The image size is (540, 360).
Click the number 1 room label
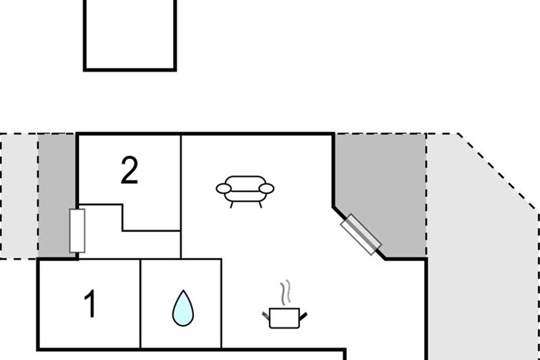pos(90,304)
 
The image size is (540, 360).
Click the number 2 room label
pos(129,171)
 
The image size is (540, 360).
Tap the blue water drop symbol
pos(183,308)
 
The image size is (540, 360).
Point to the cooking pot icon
pos(284,318)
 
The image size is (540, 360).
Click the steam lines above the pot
pos(284,292)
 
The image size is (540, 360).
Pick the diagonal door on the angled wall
pos(361,234)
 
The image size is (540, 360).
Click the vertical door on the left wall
pos(77,230)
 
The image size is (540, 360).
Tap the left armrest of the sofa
pos(224,189)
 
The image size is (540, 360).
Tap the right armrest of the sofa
pos(267,189)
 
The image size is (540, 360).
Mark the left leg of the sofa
pos(232,205)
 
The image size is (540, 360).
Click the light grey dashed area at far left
pos(19,196)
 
